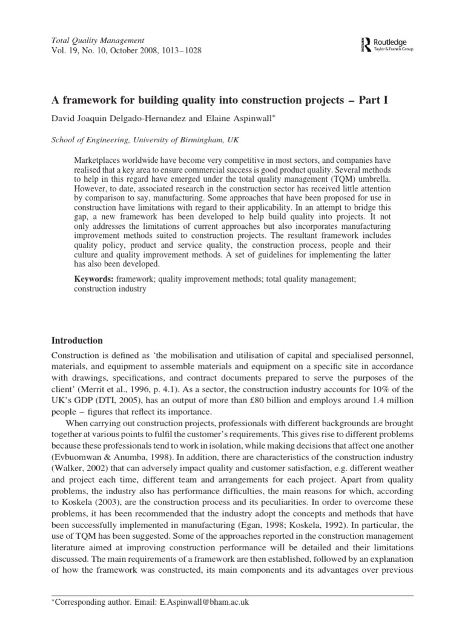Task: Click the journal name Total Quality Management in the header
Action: pyautogui.click(x=89, y=39)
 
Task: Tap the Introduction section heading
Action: pyautogui.click(x=76, y=341)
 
